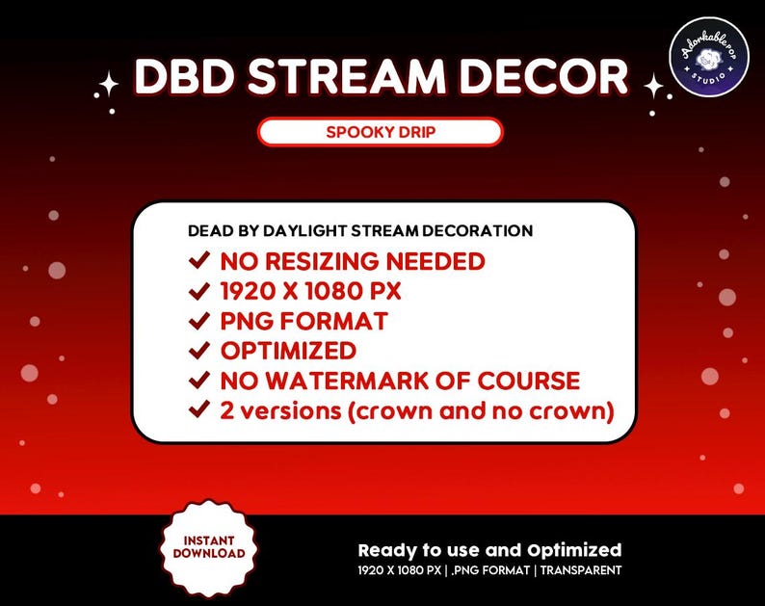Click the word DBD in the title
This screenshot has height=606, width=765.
click(x=185, y=77)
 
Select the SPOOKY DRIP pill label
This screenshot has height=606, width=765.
click(x=381, y=132)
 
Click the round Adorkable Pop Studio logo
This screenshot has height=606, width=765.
click(x=709, y=56)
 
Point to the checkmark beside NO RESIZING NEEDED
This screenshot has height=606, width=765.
click(x=200, y=261)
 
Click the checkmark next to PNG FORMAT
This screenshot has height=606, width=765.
click(x=200, y=321)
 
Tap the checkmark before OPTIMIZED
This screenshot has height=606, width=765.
click(x=200, y=351)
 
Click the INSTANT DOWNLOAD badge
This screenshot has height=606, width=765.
click(x=209, y=547)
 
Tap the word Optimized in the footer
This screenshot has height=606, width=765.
click(x=574, y=551)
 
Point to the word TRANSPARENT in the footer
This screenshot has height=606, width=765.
click(x=581, y=570)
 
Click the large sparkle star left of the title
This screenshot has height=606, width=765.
click(x=109, y=86)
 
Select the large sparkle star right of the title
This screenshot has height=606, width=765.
click(x=654, y=87)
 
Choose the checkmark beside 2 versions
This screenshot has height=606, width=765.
click(x=200, y=410)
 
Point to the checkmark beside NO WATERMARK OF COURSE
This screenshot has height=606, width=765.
click(x=200, y=381)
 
